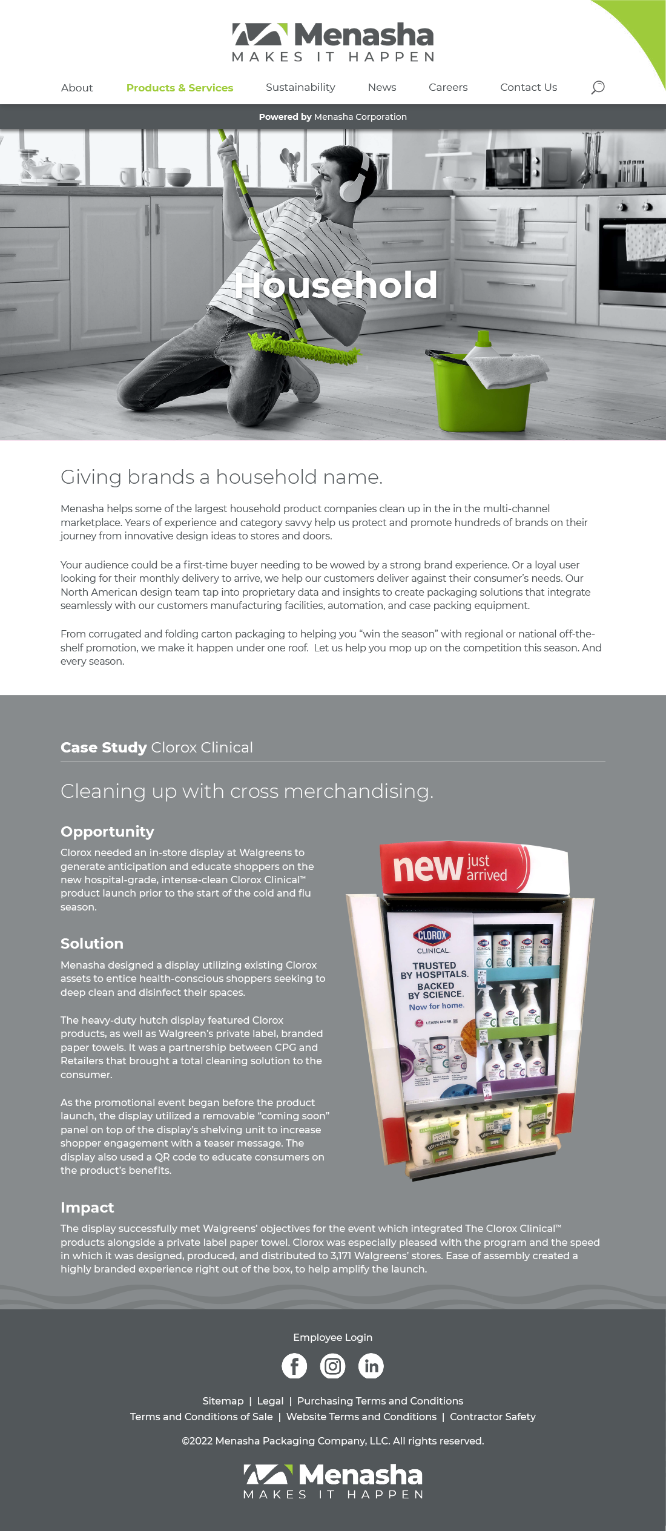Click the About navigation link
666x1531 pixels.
77,88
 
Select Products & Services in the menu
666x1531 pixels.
180,88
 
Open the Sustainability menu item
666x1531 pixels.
300,87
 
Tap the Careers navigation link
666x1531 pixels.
448,87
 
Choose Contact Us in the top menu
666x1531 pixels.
529,87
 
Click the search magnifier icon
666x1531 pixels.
598,87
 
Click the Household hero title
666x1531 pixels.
336,285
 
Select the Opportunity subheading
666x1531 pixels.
107,832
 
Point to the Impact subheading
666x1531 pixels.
87,1208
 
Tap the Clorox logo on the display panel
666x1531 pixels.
432,935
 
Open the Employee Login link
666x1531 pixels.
333,1337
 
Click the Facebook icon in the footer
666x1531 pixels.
294,1366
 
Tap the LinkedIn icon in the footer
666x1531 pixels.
371,1366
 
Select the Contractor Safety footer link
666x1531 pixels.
492,1417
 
